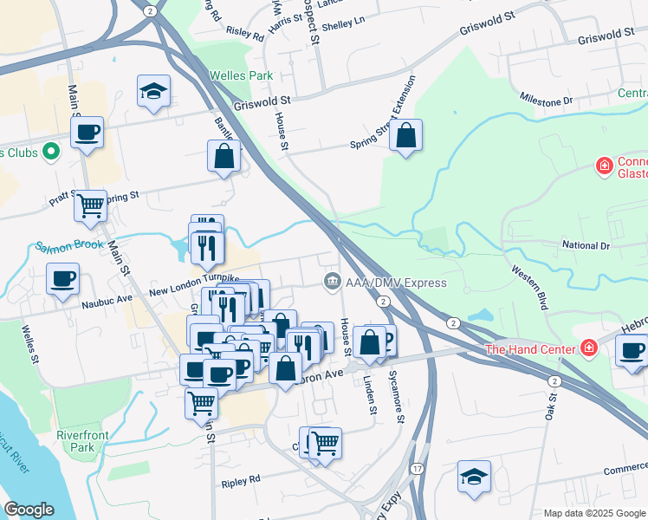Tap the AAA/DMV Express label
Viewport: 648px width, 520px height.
point(396,283)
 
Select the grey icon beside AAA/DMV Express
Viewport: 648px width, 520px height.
point(331,282)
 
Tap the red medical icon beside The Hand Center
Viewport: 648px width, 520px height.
point(589,348)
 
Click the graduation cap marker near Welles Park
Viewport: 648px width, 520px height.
point(153,92)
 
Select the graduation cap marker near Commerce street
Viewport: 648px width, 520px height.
point(474,477)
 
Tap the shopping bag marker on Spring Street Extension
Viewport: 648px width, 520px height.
point(405,136)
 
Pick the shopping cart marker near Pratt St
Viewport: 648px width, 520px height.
point(89,206)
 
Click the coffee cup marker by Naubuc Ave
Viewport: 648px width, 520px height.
point(63,280)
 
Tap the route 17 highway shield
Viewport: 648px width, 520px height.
point(417,469)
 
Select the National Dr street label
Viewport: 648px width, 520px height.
point(586,246)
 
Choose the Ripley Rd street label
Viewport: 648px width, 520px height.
point(241,479)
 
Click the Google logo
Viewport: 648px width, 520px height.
point(29,510)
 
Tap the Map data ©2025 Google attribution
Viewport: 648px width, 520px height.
point(594,513)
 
